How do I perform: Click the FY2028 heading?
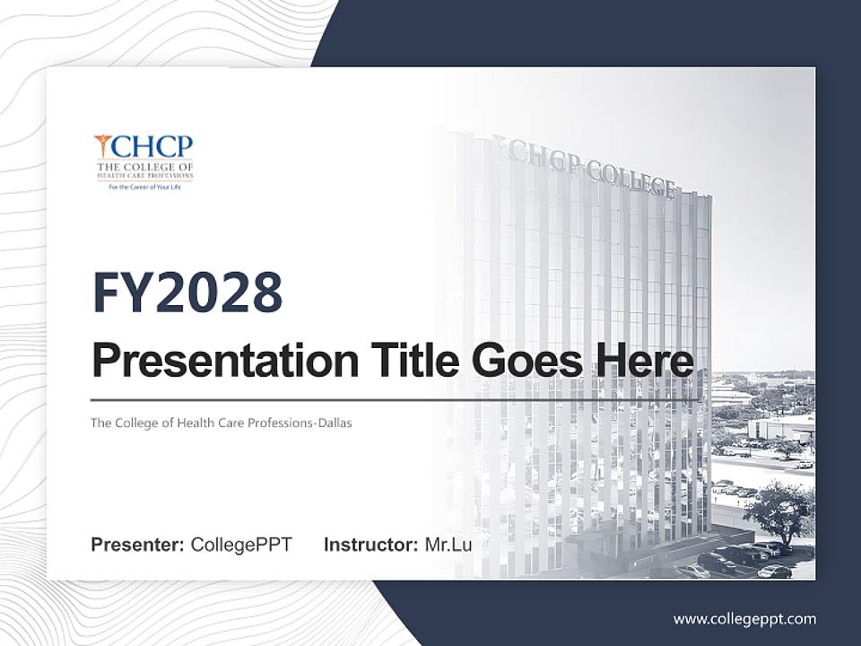click(187, 292)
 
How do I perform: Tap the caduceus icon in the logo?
click(103, 146)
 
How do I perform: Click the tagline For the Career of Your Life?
click(144, 188)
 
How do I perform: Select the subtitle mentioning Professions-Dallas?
click(221, 423)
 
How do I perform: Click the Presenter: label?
click(138, 545)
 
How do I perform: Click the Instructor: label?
click(370, 545)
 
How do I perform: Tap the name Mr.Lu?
click(448, 545)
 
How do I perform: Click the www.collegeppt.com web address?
click(744, 619)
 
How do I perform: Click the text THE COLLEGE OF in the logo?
click(144, 167)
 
